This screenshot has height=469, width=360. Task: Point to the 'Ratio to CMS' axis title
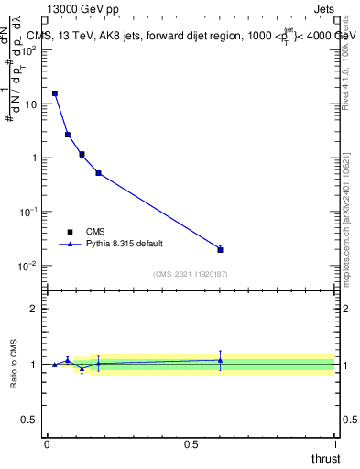point(14,364)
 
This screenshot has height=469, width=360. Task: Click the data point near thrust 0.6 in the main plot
point(220,249)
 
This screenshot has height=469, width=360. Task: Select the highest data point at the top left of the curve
point(55,93)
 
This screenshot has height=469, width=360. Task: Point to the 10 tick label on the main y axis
point(29,104)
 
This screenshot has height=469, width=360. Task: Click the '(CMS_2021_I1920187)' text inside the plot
point(191,273)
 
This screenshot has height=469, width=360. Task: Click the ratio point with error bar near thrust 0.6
point(220,360)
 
